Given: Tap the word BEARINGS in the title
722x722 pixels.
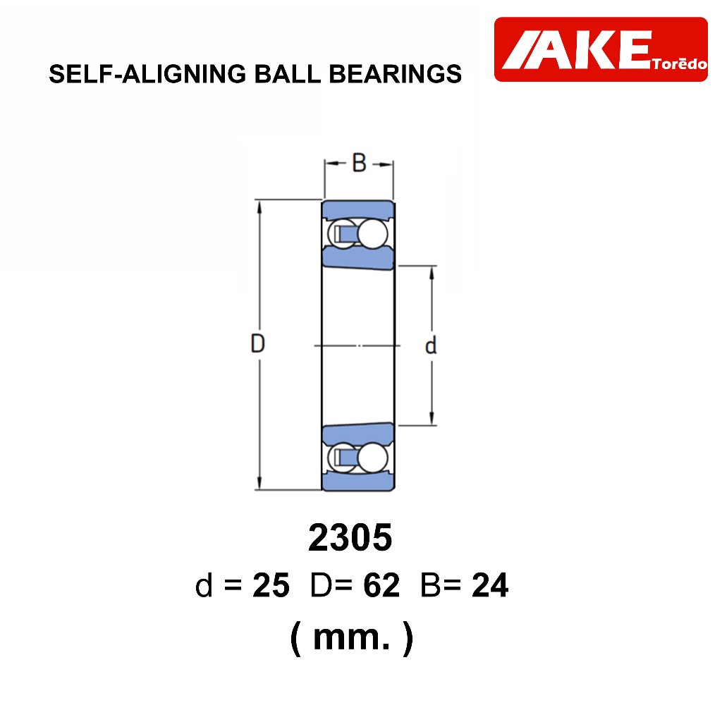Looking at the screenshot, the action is tap(395, 73).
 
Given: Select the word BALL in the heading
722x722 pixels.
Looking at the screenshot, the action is tap(288, 73).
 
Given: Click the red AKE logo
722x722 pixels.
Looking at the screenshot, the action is tap(601, 49).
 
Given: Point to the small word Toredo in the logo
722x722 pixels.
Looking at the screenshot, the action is tap(679, 63).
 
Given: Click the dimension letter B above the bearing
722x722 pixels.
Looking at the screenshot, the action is tap(359, 163).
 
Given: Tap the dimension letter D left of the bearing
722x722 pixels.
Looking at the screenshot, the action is tap(257, 343).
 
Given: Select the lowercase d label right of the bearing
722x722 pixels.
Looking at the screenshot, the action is tap(431, 345).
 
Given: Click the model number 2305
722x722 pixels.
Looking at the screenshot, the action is tap(350, 537).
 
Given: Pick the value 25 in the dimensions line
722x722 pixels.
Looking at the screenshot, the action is tap(271, 585).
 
